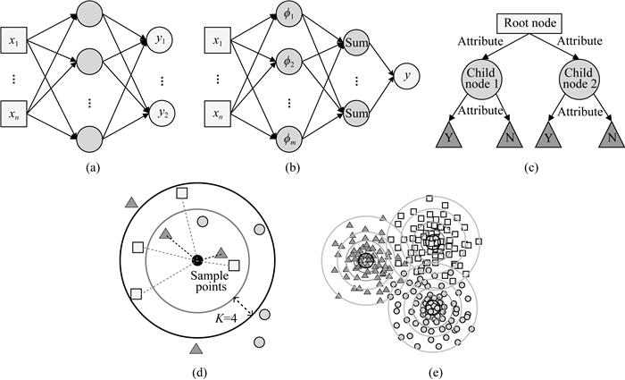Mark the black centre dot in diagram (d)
(x=196, y=260)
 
